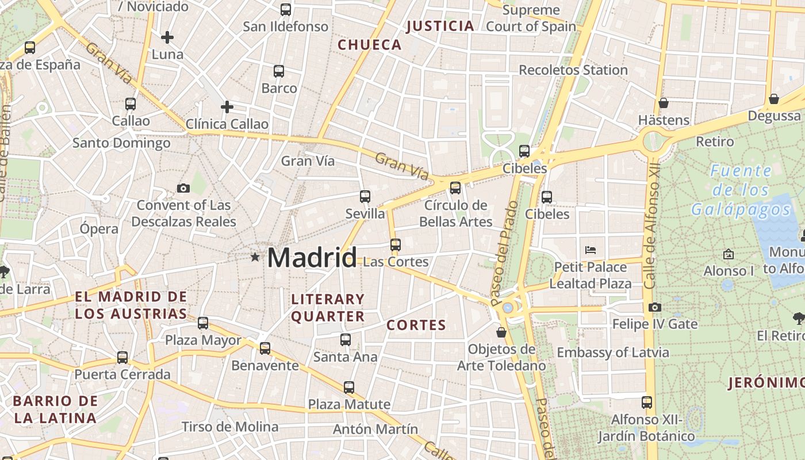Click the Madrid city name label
pyautogui.click(x=312, y=257)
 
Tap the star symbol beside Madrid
pyautogui.click(x=255, y=257)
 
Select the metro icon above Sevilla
pyautogui.click(x=365, y=197)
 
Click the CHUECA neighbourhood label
pyautogui.click(x=369, y=45)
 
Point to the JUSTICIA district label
pyautogui.click(x=440, y=26)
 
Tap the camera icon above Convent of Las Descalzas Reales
pyautogui.click(x=183, y=188)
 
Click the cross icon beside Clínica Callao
pyautogui.click(x=227, y=107)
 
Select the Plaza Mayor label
pyautogui.click(x=203, y=340)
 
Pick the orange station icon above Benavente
pyautogui.click(x=264, y=348)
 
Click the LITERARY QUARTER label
pyautogui.click(x=328, y=308)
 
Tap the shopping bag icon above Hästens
pyautogui.click(x=664, y=103)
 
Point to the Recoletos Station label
pyautogui.click(x=573, y=70)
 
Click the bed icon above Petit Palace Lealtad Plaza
pyautogui.click(x=591, y=250)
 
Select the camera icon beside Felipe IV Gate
pyautogui.click(x=654, y=308)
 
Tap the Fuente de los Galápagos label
pyautogui.click(x=741, y=190)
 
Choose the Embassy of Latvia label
pyautogui.click(x=612, y=352)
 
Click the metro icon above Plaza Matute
pyautogui.click(x=348, y=387)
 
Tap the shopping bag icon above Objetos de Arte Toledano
pyautogui.click(x=501, y=332)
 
